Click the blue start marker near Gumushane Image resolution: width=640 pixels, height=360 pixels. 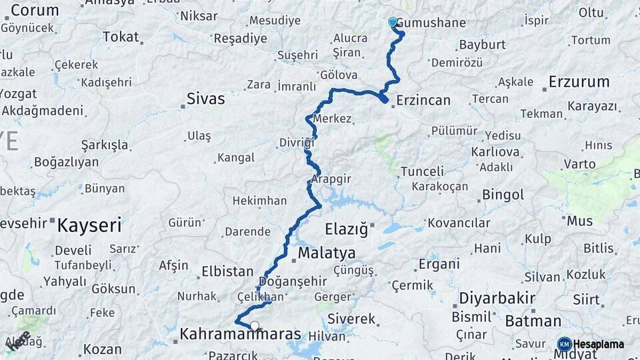(393, 22)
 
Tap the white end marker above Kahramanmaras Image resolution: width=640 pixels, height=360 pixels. (255, 326)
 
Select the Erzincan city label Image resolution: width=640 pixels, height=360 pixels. (423, 101)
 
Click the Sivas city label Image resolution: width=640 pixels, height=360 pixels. (205, 99)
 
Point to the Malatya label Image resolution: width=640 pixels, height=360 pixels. (327, 253)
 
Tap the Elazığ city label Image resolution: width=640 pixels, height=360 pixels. (346, 230)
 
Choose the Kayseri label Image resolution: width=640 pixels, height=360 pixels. (89, 225)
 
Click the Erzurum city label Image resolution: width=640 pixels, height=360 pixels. (579, 82)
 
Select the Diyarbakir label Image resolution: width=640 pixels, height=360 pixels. (497, 297)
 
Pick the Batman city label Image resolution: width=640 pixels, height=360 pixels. (533, 321)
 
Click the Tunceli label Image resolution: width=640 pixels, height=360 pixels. (422, 171)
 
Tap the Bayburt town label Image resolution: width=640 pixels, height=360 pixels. (483, 45)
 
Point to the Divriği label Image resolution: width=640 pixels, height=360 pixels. (296, 143)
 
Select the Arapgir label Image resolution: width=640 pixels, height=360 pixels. (331, 179)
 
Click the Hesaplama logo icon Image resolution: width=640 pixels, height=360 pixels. (564, 344)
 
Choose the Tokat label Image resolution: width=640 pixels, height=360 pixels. (121, 37)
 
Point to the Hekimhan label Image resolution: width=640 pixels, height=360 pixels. (259, 201)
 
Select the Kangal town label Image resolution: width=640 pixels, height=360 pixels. (235, 158)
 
